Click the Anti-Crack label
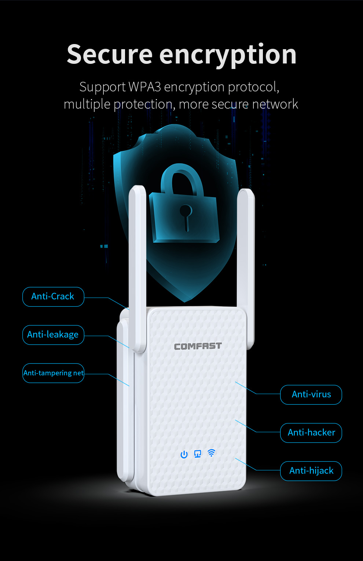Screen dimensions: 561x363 tap(53, 296)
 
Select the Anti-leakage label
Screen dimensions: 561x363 tap(53, 335)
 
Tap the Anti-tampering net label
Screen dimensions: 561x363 tap(53, 373)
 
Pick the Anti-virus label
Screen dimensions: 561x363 tap(311, 394)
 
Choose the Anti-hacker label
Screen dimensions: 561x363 tap(311, 433)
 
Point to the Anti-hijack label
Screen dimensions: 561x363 tap(311, 471)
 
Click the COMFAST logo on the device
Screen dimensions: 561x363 tap(198, 346)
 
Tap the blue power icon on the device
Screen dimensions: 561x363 tap(184, 455)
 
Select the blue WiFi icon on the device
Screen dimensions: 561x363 tap(211, 453)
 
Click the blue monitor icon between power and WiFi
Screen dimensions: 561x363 tap(198, 454)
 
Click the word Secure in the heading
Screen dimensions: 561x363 tap(109, 55)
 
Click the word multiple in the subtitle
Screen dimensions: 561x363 tap(87, 105)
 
